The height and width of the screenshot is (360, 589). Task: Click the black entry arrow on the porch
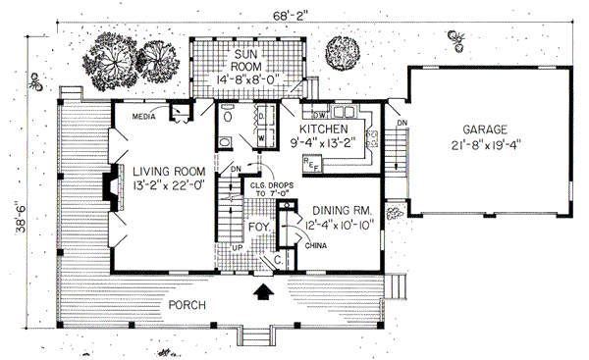coord(261,290)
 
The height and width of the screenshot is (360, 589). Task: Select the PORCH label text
coord(187,305)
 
